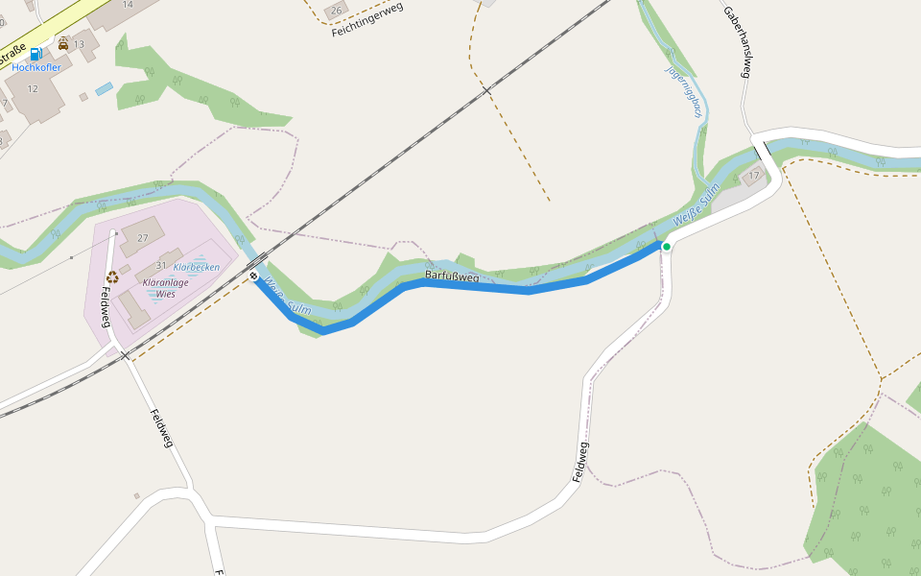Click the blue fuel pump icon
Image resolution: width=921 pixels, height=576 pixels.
35,55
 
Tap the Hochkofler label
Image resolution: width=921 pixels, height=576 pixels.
36,68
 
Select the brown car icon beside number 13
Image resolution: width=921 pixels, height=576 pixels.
63,44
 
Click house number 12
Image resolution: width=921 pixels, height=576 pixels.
33,89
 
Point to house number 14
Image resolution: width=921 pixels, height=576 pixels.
128,5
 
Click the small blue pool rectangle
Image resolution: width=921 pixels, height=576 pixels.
104,88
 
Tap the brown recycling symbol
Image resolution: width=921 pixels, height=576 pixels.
112,277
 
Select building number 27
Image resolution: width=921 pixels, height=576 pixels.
144,238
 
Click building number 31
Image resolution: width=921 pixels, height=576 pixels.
161,266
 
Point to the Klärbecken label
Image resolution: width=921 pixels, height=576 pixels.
197,267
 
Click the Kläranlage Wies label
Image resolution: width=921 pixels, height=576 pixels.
166,289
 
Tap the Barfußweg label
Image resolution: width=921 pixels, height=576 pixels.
451,276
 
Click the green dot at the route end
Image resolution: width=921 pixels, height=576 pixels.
667,247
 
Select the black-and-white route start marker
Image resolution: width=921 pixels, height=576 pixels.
254,276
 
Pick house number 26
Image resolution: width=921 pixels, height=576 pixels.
336,11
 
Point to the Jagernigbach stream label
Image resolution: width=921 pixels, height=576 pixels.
685,93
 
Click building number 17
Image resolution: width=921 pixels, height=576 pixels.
754,176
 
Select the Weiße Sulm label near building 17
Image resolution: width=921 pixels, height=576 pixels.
697,206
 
